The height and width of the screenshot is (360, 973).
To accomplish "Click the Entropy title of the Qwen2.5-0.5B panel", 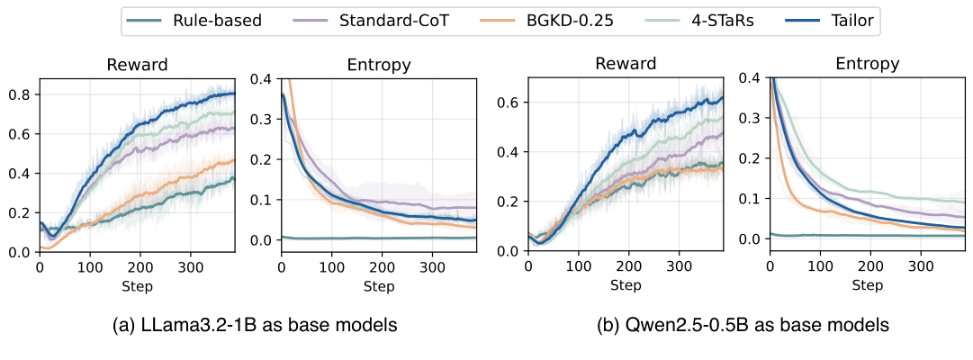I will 867,65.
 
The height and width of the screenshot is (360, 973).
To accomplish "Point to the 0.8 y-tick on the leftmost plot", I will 20,94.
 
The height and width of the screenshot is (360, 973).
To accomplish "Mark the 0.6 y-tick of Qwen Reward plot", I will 509,102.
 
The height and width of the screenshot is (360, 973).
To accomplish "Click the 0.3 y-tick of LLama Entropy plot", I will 263,119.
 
